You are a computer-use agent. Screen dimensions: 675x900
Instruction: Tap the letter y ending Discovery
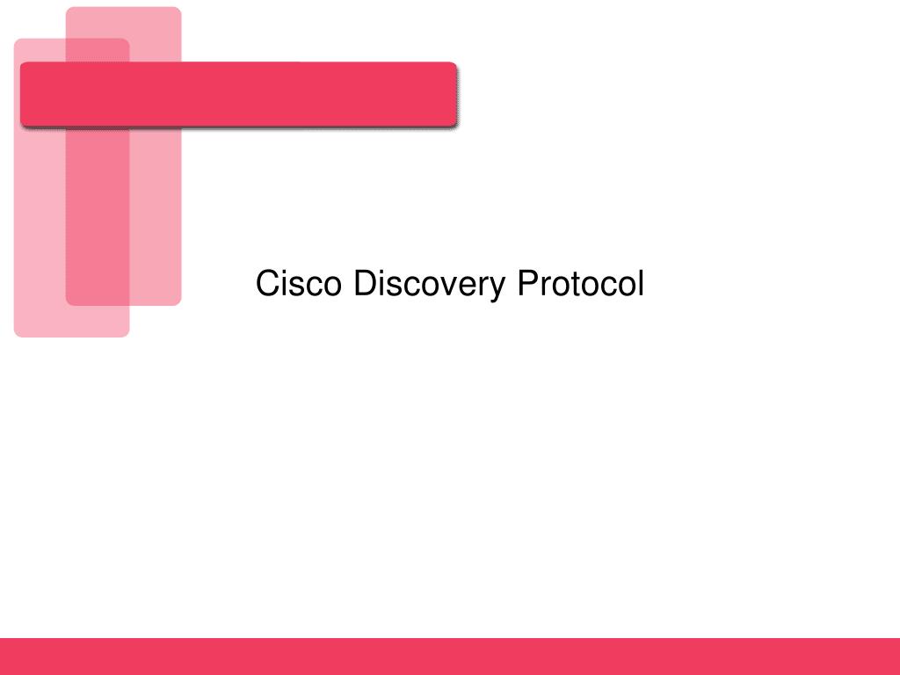click(499, 288)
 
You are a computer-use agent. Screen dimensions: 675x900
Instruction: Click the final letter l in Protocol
click(641, 284)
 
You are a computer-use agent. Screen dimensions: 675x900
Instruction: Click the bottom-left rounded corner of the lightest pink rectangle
click(20, 330)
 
